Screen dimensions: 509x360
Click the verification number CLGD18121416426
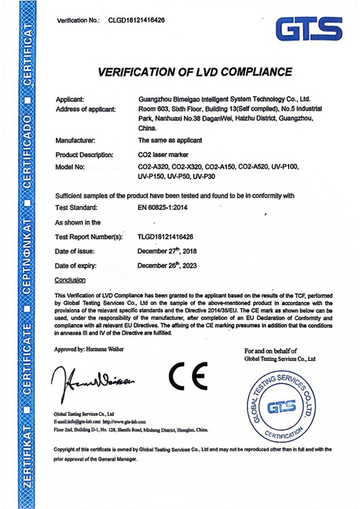tap(137, 20)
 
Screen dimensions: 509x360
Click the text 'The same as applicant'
tap(171, 140)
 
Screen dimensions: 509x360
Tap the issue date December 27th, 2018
tap(167, 251)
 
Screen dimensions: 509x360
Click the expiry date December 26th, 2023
tap(167, 265)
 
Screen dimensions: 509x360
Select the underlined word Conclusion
tap(70, 280)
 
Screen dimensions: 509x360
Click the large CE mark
tap(187, 376)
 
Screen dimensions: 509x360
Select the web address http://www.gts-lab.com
tap(119, 422)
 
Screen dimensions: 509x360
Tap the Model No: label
tap(71, 166)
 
